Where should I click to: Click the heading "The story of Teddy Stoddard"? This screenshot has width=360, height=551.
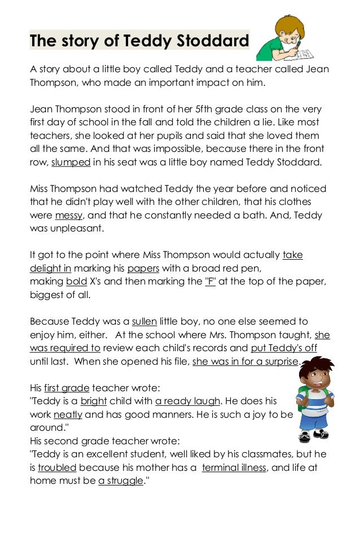click(139, 41)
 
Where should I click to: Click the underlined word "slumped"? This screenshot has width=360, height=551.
click(70, 163)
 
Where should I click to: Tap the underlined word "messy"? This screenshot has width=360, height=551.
click(69, 216)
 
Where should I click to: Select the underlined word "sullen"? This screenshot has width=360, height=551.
click(144, 321)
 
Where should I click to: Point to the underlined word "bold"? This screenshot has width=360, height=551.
click(76, 282)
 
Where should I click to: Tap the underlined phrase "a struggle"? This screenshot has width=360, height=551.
click(120, 481)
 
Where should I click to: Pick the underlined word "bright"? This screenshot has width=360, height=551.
click(93, 401)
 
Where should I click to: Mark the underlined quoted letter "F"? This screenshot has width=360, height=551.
click(210, 282)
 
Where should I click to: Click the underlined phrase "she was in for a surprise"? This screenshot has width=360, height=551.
click(245, 361)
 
